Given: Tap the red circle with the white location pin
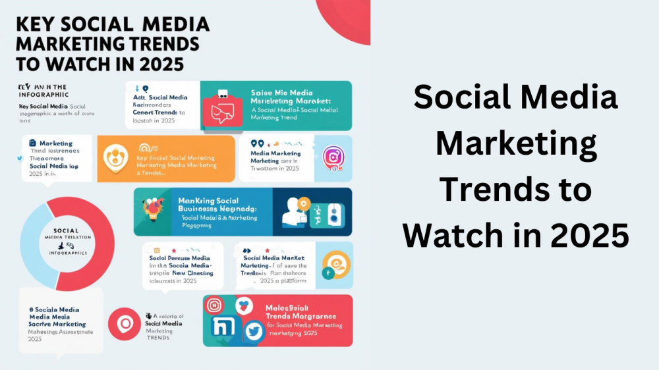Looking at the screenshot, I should (124, 325).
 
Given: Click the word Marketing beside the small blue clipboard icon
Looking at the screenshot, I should (56, 143).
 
